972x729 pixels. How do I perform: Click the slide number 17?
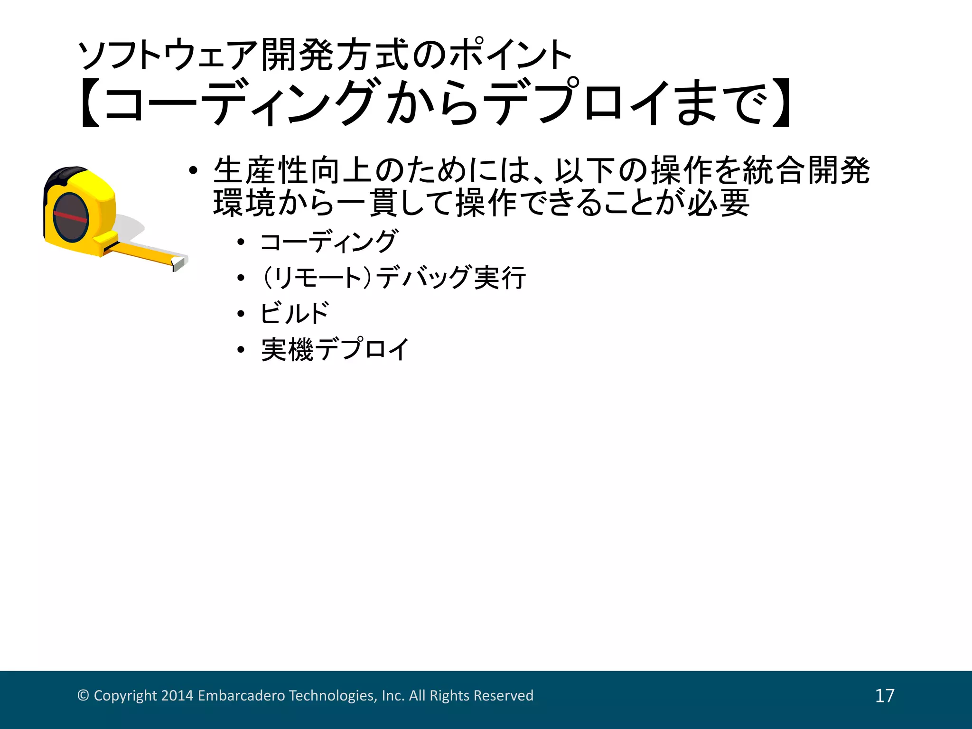click(x=885, y=696)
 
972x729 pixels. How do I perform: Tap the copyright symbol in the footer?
click(x=83, y=696)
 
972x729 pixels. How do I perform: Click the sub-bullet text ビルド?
click(x=294, y=313)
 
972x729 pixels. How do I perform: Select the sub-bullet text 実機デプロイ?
click(x=335, y=350)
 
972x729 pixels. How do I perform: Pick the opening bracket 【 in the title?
click(x=90, y=103)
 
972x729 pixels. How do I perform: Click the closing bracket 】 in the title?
click(x=781, y=103)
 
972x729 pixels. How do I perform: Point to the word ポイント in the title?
click(x=510, y=55)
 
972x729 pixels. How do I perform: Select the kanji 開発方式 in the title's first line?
click(x=335, y=55)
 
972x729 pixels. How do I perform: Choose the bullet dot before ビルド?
click(x=241, y=314)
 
